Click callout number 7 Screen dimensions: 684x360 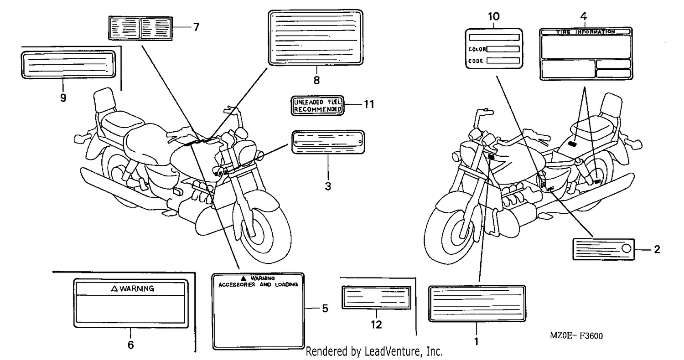197,27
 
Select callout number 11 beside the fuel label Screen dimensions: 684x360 369,104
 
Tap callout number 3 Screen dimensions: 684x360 328,186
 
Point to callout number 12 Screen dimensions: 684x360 376,324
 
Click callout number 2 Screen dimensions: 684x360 657,250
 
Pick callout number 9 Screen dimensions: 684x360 63,98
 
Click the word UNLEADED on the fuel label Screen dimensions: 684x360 308,102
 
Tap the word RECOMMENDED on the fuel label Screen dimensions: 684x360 317,109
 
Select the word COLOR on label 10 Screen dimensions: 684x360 477,49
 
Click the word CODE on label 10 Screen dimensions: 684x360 476,61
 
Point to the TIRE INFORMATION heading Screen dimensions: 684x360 586,32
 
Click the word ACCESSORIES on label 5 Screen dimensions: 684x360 237,285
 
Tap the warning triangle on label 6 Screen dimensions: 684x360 114,288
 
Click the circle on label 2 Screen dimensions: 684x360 626,249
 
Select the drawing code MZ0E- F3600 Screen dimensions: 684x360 576,336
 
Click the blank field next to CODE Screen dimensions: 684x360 503,61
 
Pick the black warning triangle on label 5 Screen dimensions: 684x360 244,278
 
